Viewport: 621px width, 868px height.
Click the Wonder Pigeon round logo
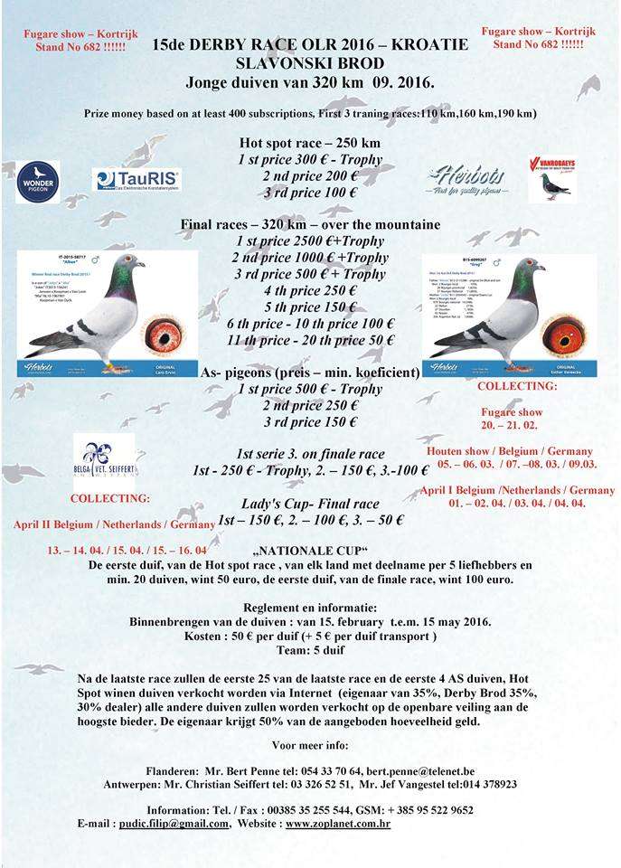pyautogui.click(x=38, y=181)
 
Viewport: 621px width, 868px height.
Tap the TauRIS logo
pyautogui.click(x=136, y=179)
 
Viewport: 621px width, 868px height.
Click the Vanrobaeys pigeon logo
pyautogui.click(x=551, y=178)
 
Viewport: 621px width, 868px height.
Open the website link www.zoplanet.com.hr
pyautogui.click(x=338, y=825)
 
